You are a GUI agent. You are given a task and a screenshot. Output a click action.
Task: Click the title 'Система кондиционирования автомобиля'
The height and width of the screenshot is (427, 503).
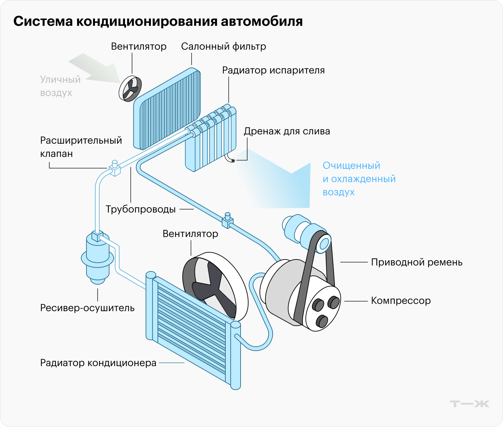point(158,22)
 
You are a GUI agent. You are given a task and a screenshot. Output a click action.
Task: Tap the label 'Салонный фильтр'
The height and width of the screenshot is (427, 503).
point(223,47)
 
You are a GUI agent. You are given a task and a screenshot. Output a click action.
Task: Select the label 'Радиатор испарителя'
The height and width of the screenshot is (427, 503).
point(273,71)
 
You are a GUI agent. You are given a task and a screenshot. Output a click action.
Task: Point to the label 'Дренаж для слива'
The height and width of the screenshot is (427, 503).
point(287,131)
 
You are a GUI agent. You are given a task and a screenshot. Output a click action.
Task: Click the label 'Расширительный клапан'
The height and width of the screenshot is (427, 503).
point(81,147)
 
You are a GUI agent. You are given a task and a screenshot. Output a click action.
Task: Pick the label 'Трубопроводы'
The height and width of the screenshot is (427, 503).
point(141,209)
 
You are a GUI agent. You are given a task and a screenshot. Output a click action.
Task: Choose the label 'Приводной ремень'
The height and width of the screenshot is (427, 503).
point(417,262)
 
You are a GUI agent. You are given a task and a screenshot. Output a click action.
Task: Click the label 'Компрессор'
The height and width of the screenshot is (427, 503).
point(401,301)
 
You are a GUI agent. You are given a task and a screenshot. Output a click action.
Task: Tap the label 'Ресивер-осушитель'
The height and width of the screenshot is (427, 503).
point(87,308)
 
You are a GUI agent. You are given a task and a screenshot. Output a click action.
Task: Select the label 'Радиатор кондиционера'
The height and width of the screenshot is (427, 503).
point(98,363)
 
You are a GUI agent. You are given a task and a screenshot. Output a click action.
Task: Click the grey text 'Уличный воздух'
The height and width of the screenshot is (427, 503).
point(60,86)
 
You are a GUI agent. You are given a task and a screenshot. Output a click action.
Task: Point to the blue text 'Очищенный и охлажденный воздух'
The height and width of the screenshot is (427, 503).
point(359,179)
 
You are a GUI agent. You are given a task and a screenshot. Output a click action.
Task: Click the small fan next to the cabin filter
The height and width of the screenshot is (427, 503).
point(130,88)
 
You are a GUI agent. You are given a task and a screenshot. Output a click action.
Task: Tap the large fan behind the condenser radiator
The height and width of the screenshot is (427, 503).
point(214,285)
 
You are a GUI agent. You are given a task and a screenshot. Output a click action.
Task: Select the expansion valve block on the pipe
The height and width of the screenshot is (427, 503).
point(114,168)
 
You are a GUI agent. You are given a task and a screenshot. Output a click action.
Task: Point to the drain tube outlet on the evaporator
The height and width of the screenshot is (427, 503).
point(233,161)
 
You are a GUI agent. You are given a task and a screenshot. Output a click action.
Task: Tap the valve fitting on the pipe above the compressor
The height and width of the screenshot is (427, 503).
point(227,221)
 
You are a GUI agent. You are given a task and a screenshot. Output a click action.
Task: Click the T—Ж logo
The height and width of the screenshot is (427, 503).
point(469,404)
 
